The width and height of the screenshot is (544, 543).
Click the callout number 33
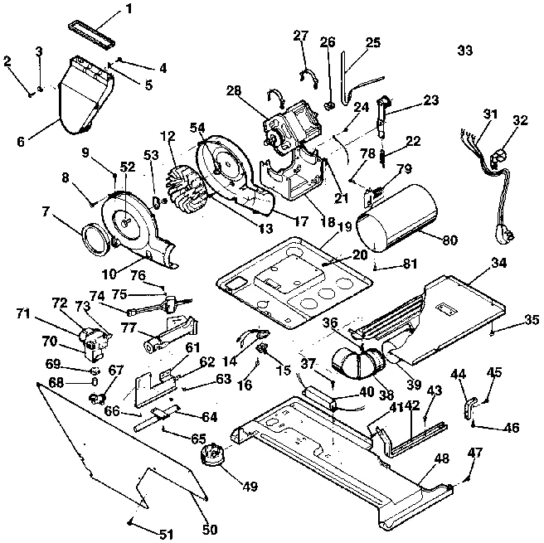pos(464,51)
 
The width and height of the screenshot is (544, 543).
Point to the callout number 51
pos(167,534)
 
